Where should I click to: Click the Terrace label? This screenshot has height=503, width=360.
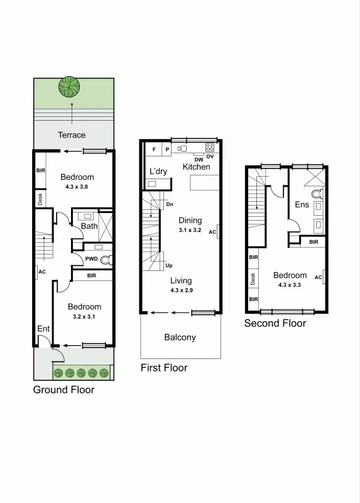click(x=72, y=135)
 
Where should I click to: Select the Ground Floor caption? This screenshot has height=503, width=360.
click(x=63, y=390)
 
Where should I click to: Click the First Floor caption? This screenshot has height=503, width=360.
click(x=164, y=368)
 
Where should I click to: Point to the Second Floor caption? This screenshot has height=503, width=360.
click(x=275, y=323)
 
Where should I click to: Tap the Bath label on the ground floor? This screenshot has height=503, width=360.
click(x=89, y=226)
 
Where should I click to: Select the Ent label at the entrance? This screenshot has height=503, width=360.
click(x=43, y=329)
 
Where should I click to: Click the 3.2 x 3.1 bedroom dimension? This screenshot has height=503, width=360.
click(x=85, y=317)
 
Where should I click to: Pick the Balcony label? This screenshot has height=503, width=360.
click(x=180, y=337)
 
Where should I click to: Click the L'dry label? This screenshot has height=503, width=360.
click(x=158, y=171)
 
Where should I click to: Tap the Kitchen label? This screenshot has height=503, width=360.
click(x=196, y=167)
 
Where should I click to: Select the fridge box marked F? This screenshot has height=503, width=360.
click(x=155, y=149)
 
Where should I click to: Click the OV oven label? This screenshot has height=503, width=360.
click(x=210, y=157)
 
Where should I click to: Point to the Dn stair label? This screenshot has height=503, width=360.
click(x=169, y=204)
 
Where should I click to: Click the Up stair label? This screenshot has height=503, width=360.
click(x=168, y=265)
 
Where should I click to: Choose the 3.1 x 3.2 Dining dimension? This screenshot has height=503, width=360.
click(x=190, y=230)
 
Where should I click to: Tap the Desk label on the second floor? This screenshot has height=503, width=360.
click(x=253, y=279)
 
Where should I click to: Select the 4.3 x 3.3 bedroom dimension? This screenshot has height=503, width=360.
click(x=290, y=285)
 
